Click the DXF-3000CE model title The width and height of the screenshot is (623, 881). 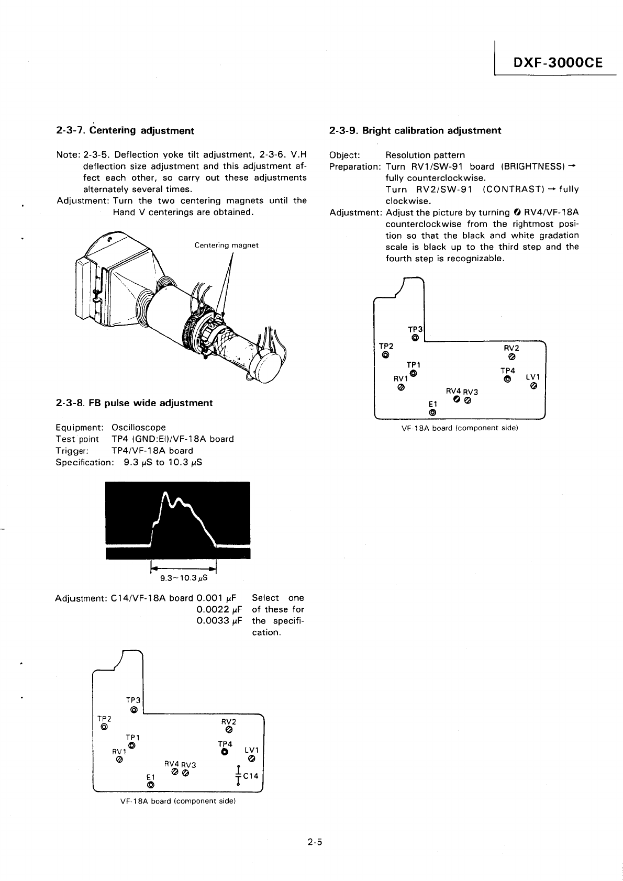click(x=558, y=63)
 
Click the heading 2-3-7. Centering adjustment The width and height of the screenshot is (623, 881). click(x=125, y=130)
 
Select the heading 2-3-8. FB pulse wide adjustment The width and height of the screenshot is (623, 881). click(x=134, y=403)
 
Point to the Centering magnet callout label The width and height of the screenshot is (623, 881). click(x=226, y=246)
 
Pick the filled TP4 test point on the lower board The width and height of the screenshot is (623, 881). click(x=225, y=752)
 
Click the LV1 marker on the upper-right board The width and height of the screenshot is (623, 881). click(x=533, y=386)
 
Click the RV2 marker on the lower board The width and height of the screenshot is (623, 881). click(x=229, y=730)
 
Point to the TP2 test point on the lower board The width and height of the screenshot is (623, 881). click(x=104, y=727)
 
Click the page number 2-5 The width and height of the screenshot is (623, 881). click(x=314, y=843)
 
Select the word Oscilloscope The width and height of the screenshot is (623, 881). click(x=139, y=428)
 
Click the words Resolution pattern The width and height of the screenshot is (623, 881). click(x=425, y=155)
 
